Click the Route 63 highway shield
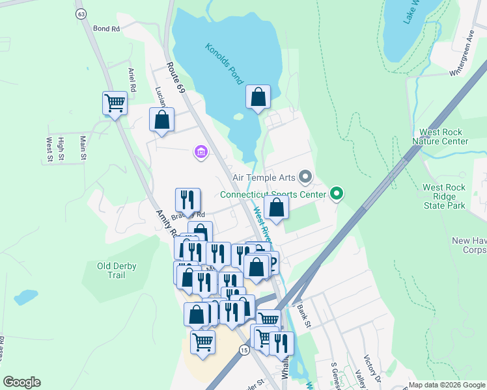click(x=81, y=14)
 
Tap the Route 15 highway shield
click(x=244, y=350)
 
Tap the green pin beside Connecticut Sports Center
click(x=336, y=194)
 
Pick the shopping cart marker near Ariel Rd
click(x=115, y=103)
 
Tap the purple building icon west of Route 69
click(x=201, y=153)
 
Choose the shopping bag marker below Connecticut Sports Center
click(x=277, y=208)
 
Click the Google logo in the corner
click(x=21, y=382)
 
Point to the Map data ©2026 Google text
click(x=447, y=385)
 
